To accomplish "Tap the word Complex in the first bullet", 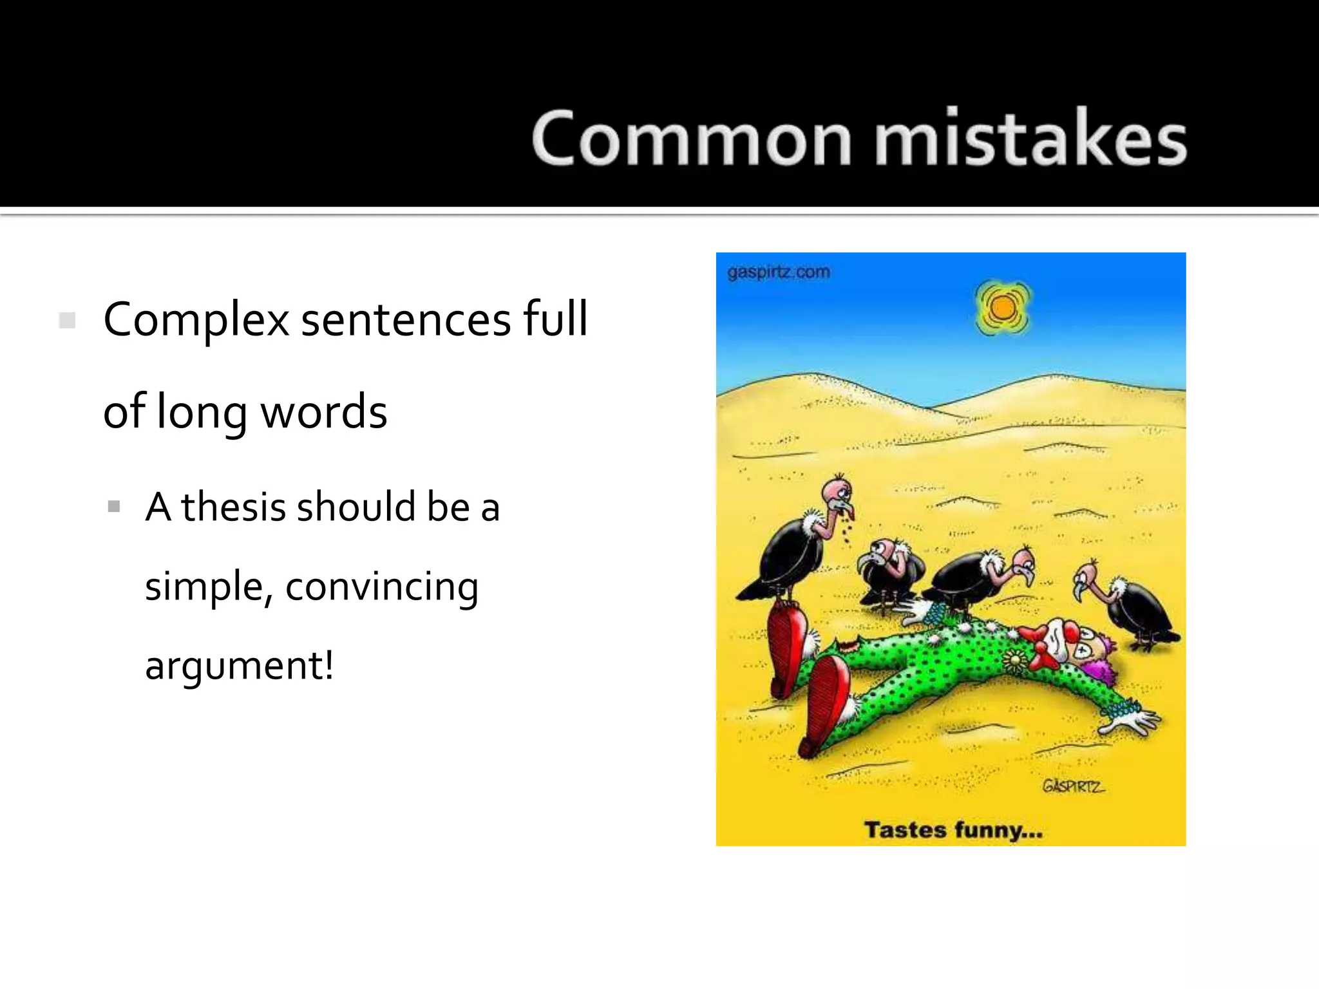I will (x=196, y=320).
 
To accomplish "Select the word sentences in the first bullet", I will (x=406, y=320).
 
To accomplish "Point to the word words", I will (x=324, y=412).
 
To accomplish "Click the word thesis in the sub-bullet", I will (x=233, y=507).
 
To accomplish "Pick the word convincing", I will (x=382, y=587).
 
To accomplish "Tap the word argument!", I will (x=239, y=666).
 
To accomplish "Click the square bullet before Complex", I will (x=67, y=321).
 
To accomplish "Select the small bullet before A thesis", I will (x=115, y=507).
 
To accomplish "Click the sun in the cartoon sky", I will (x=1002, y=308).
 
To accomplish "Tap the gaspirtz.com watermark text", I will (x=778, y=272).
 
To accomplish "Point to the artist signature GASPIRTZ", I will (x=1072, y=786).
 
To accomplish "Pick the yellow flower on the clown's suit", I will (x=1014, y=659).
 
